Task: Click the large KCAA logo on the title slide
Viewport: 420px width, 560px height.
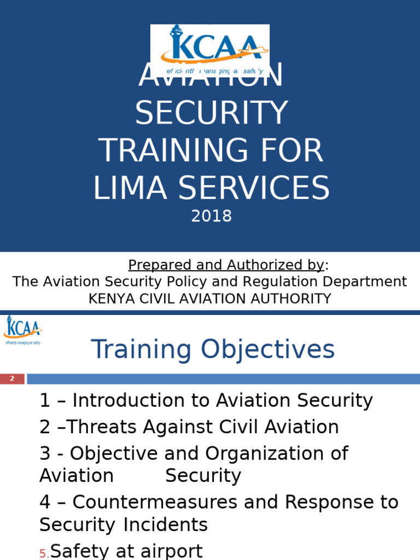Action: click(210, 49)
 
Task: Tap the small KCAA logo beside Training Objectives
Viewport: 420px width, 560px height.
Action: click(22, 329)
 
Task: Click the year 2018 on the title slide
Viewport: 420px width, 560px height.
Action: click(211, 217)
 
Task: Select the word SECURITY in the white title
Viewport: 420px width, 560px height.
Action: click(211, 113)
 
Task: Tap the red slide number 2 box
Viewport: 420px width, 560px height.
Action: click(12, 379)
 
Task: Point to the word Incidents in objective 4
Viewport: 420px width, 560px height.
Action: click(166, 525)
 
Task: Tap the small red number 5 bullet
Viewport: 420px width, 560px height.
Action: click(43, 554)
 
